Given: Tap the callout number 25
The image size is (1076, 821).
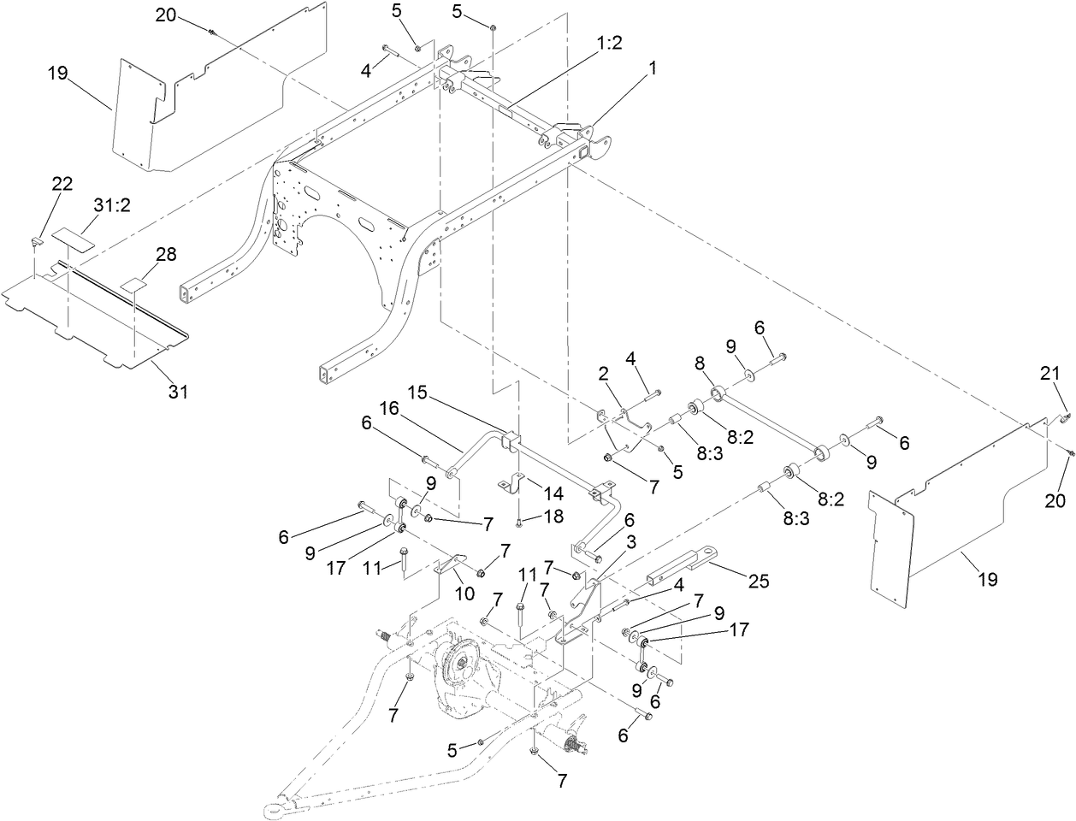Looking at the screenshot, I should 757,581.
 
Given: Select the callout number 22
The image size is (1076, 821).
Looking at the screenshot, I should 62,184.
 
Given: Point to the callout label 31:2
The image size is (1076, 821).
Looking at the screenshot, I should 112,204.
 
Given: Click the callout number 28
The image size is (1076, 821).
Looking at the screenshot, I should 165,254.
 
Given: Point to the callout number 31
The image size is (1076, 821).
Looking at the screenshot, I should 177,392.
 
